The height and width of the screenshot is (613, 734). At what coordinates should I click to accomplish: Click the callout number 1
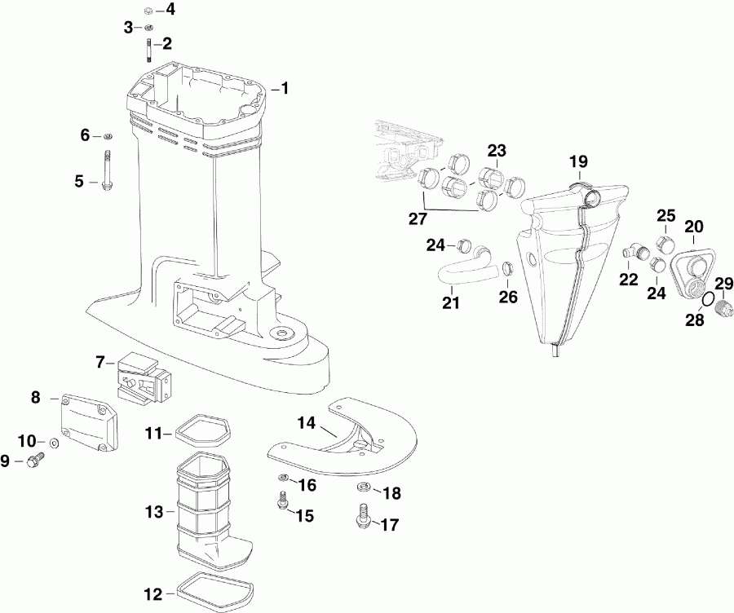[285, 88]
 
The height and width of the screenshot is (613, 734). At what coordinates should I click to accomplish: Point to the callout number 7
[100, 361]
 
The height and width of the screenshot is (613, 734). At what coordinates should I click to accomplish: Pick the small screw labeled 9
[34, 462]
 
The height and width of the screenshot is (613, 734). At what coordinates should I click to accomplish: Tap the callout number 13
[154, 513]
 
